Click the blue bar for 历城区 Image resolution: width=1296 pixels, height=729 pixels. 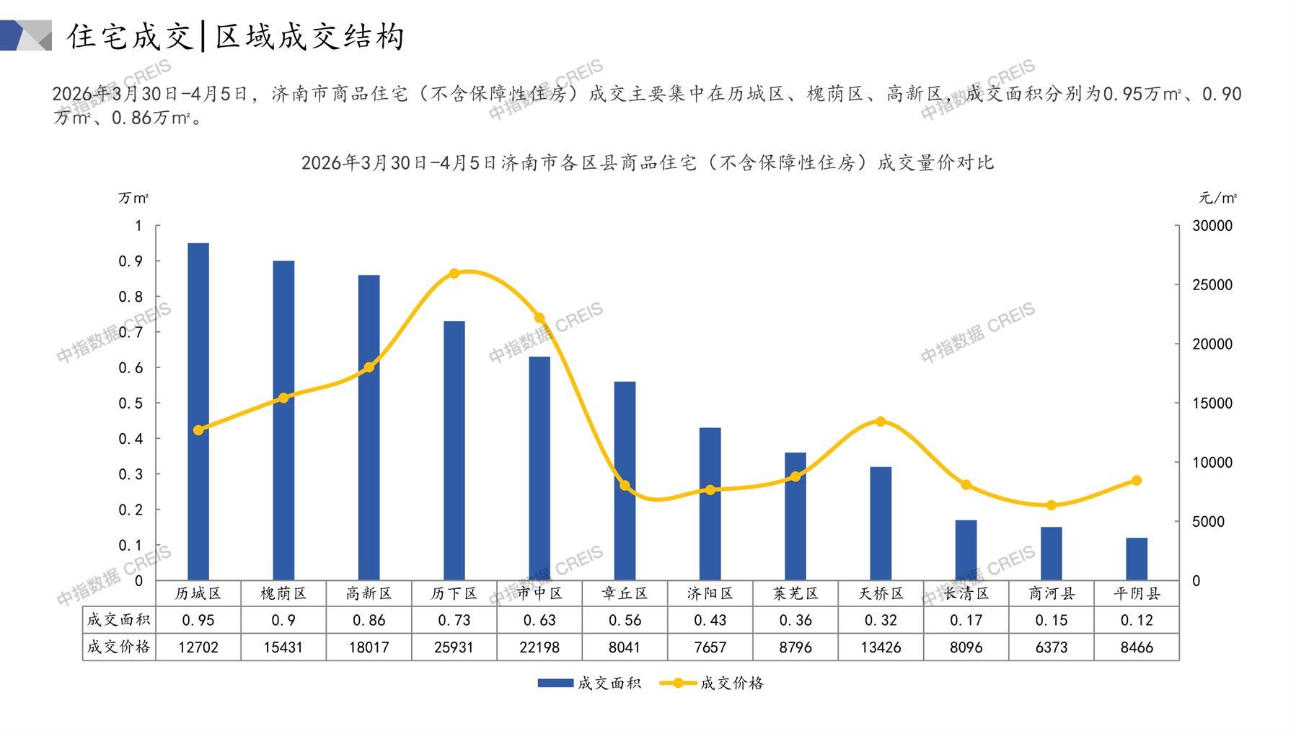198,411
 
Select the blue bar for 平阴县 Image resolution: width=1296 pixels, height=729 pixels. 1136,559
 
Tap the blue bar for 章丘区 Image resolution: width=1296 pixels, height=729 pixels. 625,481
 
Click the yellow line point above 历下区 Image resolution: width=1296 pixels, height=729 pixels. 454,274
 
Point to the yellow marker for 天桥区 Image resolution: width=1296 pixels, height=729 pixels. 881,422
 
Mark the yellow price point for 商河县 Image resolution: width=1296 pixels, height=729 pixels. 1051,505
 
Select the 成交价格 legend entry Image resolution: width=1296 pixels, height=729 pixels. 712,683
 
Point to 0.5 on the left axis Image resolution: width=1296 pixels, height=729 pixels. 131,403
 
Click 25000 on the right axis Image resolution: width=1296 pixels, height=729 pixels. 1212,285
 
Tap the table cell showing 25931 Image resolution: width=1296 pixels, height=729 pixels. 454,647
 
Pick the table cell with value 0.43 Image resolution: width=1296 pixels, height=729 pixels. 710,620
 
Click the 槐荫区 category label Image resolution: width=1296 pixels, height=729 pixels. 283,593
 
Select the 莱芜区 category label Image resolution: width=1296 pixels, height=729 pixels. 795,593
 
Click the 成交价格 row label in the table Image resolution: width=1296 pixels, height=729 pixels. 119,647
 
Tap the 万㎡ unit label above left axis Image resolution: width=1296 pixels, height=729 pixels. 133,198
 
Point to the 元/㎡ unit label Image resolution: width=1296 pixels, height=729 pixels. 1217,198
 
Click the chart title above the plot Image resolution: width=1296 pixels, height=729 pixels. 647,162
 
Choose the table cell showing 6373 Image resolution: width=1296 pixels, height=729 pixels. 1051,647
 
